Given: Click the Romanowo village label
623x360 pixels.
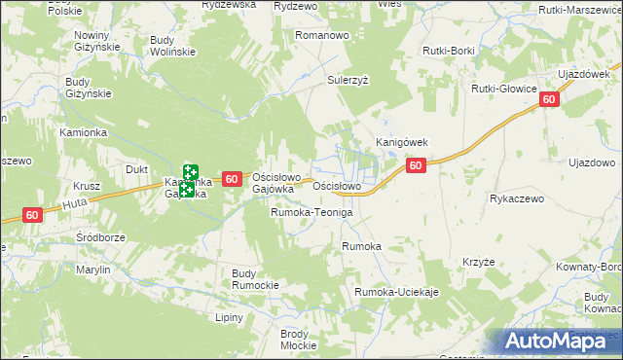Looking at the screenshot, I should pyautogui.click(x=322, y=35).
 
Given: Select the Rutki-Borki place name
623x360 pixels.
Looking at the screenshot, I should pyautogui.click(x=448, y=50).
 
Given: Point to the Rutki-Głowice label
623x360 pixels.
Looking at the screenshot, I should pyautogui.click(x=504, y=89).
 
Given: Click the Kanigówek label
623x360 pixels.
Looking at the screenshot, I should pyautogui.click(x=403, y=142).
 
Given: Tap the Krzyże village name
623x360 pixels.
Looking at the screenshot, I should pyautogui.click(x=480, y=262).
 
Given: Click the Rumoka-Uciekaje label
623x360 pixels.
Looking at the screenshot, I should pyautogui.click(x=397, y=292).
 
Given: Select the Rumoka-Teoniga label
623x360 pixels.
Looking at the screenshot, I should pyautogui.click(x=311, y=212).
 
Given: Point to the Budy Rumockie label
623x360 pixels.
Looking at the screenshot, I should pyautogui.click(x=255, y=279).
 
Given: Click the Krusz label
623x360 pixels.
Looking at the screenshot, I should pyautogui.click(x=88, y=186).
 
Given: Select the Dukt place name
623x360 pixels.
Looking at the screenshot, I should pyautogui.click(x=136, y=168).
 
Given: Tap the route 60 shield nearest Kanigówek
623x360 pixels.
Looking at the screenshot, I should pyautogui.click(x=416, y=166).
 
